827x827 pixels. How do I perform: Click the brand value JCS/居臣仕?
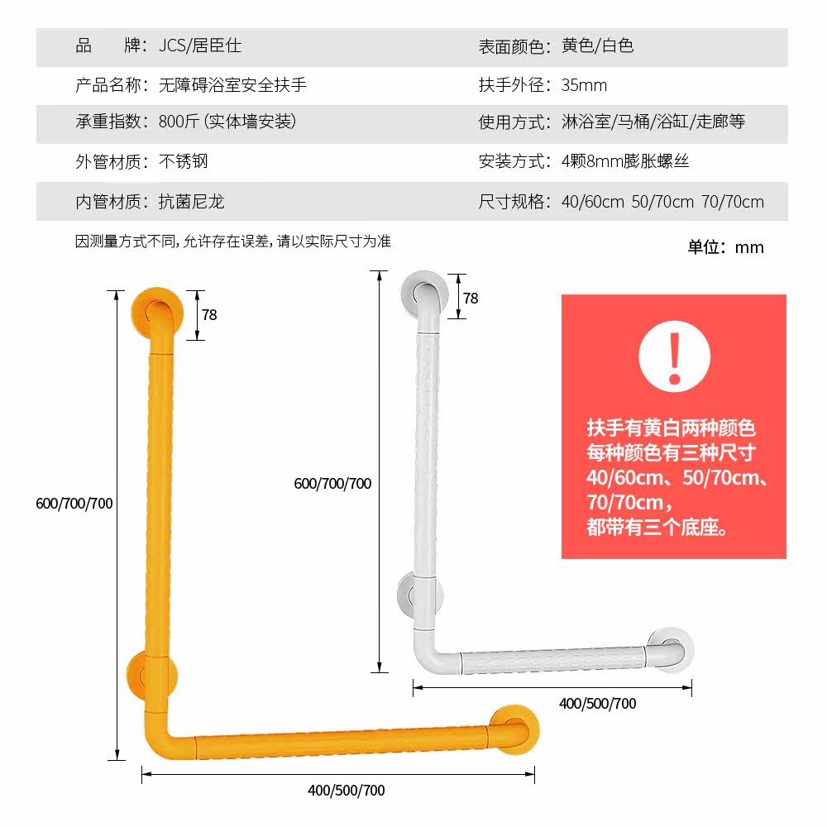[x=200, y=46]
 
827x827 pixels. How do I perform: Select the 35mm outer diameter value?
[x=584, y=85]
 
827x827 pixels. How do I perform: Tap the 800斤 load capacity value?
[x=227, y=122]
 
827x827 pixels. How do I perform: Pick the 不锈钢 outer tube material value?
[x=184, y=161]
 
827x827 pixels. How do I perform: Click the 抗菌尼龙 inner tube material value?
[x=192, y=202]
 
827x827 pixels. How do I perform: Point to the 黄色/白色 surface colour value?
[x=597, y=46]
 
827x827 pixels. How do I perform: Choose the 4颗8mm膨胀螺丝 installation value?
[x=624, y=161]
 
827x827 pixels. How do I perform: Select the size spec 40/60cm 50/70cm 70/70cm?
[x=662, y=202]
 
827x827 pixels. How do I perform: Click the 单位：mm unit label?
[x=725, y=247]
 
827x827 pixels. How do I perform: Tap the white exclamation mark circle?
[x=674, y=356]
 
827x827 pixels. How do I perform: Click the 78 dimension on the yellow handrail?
[x=209, y=315]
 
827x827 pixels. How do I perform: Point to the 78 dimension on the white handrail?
[x=471, y=299]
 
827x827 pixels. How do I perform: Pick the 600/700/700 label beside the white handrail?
[x=332, y=484]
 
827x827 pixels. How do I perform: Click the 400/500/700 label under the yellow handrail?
[x=347, y=790]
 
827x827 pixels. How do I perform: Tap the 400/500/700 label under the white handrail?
[x=598, y=704]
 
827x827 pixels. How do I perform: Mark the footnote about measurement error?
[x=233, y=241]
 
